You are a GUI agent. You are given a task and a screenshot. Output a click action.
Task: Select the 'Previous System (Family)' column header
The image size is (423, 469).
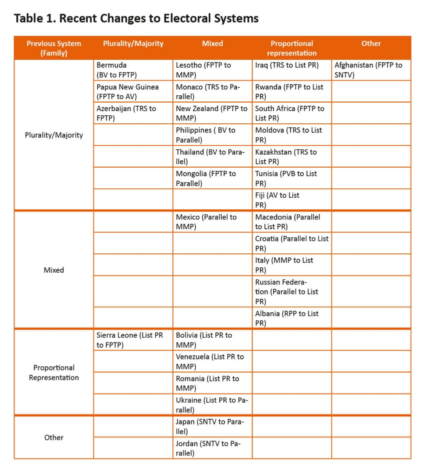(54, 48)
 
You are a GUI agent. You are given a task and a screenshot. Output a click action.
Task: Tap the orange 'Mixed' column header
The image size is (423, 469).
(212, 44)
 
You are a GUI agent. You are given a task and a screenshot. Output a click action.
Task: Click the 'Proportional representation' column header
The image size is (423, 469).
(292, 48)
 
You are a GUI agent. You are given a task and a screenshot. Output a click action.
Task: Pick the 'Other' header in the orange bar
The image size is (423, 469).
(371, 44)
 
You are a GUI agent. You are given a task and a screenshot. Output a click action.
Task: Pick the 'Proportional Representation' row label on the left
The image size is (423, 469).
(54, 372)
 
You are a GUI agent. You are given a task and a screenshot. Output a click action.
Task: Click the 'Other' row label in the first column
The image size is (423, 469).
(54, 437)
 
